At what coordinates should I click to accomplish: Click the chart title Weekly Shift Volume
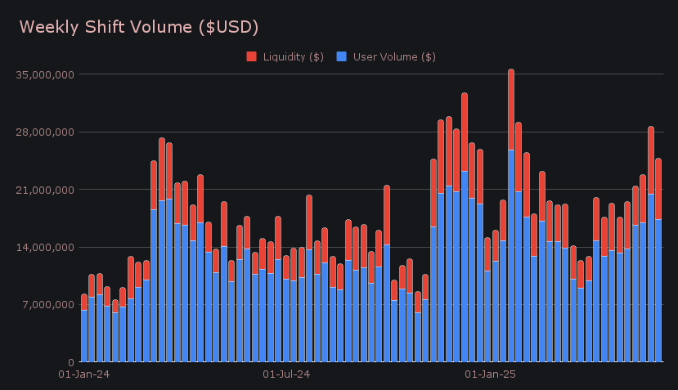click(139, 27)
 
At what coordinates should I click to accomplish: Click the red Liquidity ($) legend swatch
click(252, 56)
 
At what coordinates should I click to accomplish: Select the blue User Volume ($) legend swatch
click(342, 56)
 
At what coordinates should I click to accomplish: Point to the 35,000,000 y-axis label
click(46, 74)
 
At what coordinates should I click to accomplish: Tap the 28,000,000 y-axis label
click(46, 132)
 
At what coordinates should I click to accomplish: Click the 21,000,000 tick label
click(46, 190)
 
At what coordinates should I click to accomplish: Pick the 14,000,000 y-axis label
click(46, 247)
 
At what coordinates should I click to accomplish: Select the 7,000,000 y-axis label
click(48, 305)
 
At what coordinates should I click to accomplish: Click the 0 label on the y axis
click(71, 362)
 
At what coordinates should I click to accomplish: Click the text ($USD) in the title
click(229, 27)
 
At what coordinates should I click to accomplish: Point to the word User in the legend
click(365, 56)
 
